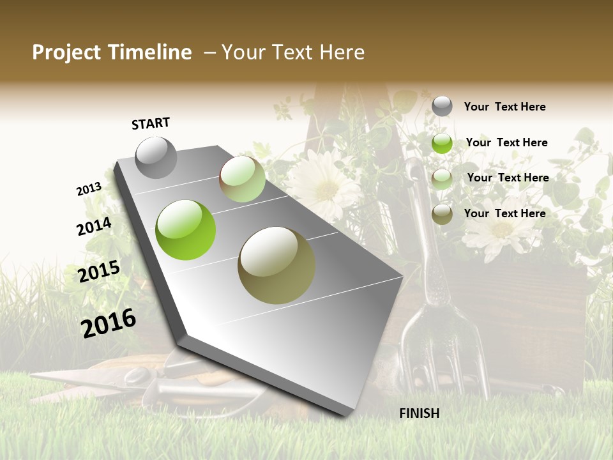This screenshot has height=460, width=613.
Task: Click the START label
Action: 151,123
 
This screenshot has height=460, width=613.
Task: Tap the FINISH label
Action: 420,413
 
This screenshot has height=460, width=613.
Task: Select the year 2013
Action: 89,188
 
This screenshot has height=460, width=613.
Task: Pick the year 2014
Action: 94,226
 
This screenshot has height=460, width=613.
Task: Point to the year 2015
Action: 99,272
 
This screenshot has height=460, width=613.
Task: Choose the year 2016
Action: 109,323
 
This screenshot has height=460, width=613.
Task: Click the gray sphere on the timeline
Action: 156,157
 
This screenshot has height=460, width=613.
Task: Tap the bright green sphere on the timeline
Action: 186,230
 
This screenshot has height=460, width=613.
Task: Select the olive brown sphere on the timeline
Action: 276,265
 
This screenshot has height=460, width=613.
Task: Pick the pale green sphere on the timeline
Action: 242,179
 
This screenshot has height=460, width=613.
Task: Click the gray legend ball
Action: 442,106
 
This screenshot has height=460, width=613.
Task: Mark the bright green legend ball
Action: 442,143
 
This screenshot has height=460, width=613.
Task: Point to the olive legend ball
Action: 442,214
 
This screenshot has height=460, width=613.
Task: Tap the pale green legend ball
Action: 442,179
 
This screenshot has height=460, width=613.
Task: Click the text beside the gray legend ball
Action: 505,107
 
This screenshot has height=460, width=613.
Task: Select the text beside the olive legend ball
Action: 505,213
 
